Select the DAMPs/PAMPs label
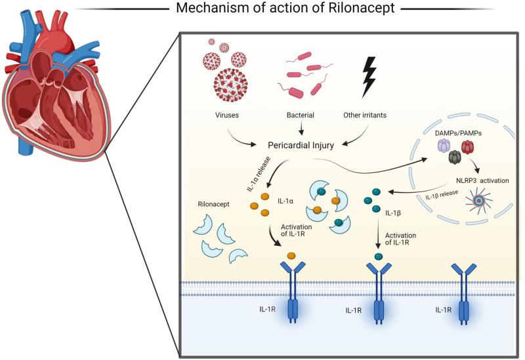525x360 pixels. click(x=455, y=133)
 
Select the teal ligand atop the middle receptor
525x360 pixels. click(x=378, y=256)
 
